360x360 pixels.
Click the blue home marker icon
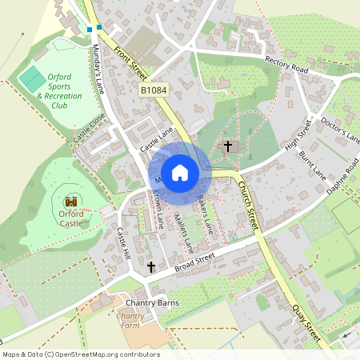[180, 173]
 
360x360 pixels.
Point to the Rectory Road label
[286, 65]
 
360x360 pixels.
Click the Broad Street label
[195, 260]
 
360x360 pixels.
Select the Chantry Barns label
[152, 303]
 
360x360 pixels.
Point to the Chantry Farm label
[130, 321]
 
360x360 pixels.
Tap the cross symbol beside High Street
[228, 146]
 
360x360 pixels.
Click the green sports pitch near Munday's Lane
[34, 79]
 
